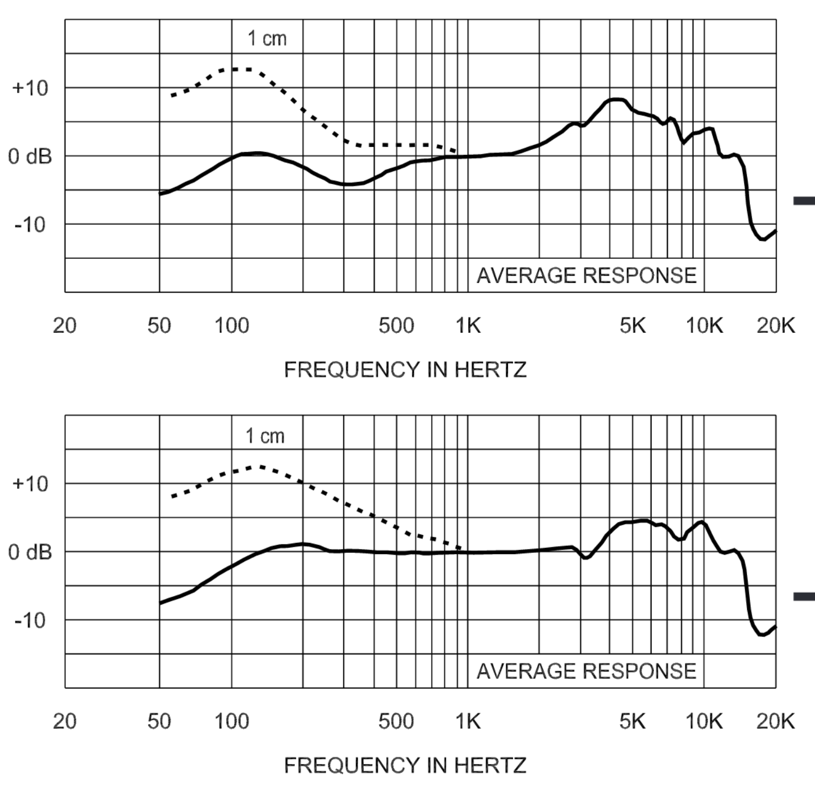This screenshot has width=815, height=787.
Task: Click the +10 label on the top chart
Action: point(30,88)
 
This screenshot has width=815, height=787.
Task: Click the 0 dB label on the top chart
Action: point(30,157)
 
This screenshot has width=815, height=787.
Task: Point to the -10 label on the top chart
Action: point(30,225)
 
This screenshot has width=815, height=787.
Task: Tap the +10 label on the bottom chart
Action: point(30,484)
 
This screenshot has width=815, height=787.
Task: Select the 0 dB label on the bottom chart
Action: point(30,552)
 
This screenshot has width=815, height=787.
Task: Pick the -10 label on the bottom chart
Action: point(30,621)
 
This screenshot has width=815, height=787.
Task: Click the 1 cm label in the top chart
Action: point(267,39)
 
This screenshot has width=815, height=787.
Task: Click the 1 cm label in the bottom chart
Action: point(265,436)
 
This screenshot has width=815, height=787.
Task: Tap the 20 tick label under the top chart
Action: point(65,326)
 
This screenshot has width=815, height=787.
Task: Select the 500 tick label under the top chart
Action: point(396,326)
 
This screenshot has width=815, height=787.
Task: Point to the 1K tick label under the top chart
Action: point(468,326)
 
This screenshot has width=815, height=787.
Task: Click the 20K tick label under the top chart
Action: point(776,326)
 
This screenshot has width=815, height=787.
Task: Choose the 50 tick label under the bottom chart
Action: point(159,721)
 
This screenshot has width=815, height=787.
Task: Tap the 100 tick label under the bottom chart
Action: point(231,721)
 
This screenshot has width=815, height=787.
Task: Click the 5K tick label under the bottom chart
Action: point(633,721)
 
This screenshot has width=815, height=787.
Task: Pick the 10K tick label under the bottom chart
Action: point(704,721)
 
